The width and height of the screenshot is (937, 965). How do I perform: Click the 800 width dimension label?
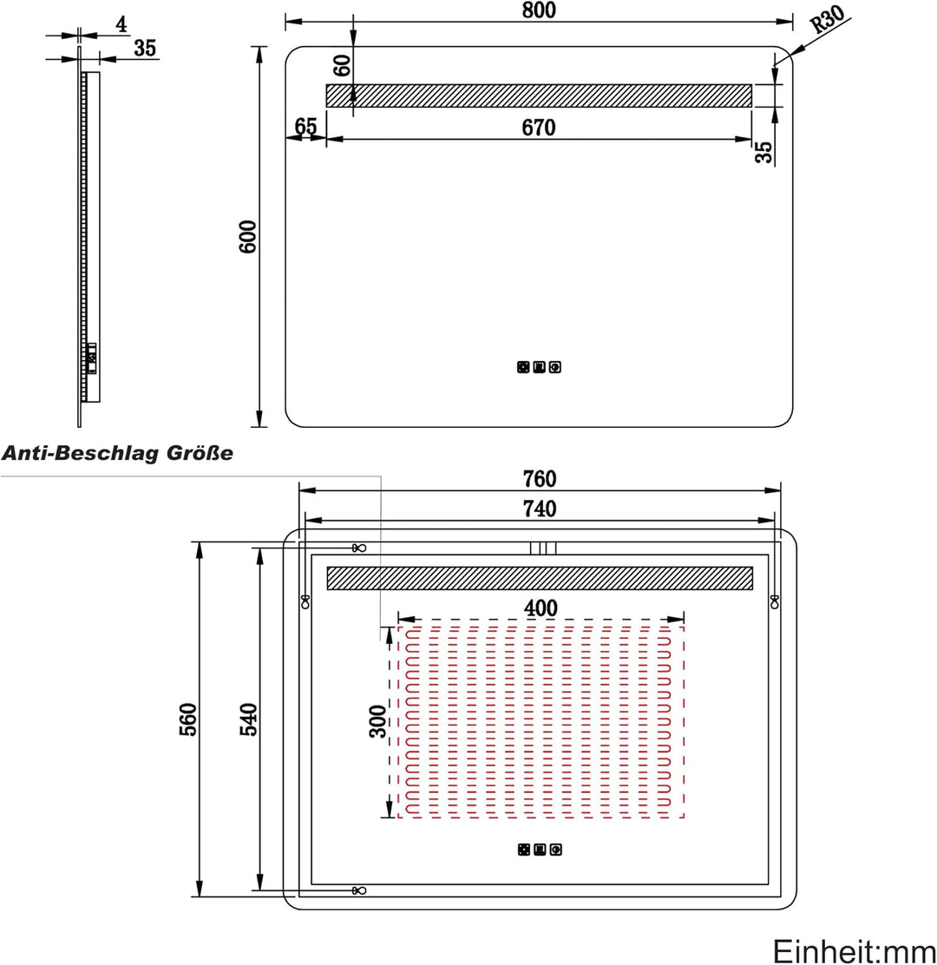[x=539, y=10]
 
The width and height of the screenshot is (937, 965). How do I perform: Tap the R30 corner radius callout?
[x=828, y=19]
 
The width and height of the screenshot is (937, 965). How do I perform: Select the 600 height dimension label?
[x=248, y=236]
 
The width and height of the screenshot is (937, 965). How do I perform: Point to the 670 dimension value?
[x=538, y=128]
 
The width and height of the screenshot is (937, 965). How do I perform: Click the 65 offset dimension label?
[x=305, y=126]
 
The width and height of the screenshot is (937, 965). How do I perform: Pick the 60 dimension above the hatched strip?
[x=342, y=65]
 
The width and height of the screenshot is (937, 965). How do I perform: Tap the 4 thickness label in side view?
[x=121, y=24]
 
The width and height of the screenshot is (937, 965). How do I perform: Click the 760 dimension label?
[x=540, y=478]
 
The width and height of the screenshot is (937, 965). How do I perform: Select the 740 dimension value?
[x=540, y=509]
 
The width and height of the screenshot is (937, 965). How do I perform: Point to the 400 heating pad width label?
[x=541, y=608]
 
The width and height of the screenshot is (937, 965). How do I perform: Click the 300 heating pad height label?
[x=377, y=721]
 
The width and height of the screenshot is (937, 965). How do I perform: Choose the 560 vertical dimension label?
[x=188, y=719]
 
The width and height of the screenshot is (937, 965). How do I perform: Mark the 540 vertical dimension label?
[x=248, y=719]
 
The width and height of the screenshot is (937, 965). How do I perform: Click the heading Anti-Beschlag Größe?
[x=117, y=454]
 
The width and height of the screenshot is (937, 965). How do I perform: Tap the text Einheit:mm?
[x=854, y=951]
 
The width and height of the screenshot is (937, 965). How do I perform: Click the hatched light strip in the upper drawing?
[x=539, y=96]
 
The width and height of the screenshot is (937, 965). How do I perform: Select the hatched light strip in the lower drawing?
[x=540, y=578]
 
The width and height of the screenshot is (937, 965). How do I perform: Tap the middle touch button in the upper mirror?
[x=539, y=367]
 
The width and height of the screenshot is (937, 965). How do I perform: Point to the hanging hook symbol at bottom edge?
[x=358, y=890]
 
